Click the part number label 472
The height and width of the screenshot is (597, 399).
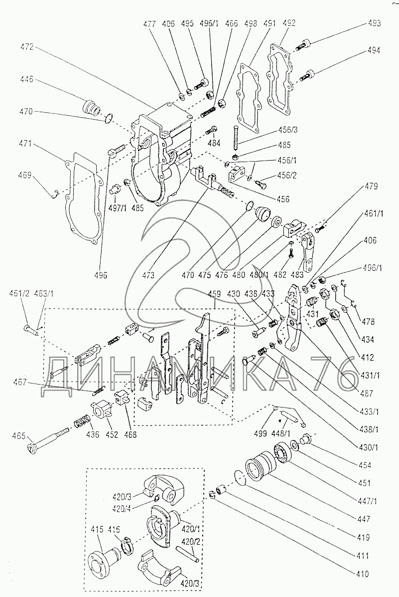click(27, 47)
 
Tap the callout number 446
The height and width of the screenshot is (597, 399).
click(27, 79)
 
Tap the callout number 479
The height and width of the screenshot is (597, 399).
click(371, 187)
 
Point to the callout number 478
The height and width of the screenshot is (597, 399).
click(369, 322)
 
